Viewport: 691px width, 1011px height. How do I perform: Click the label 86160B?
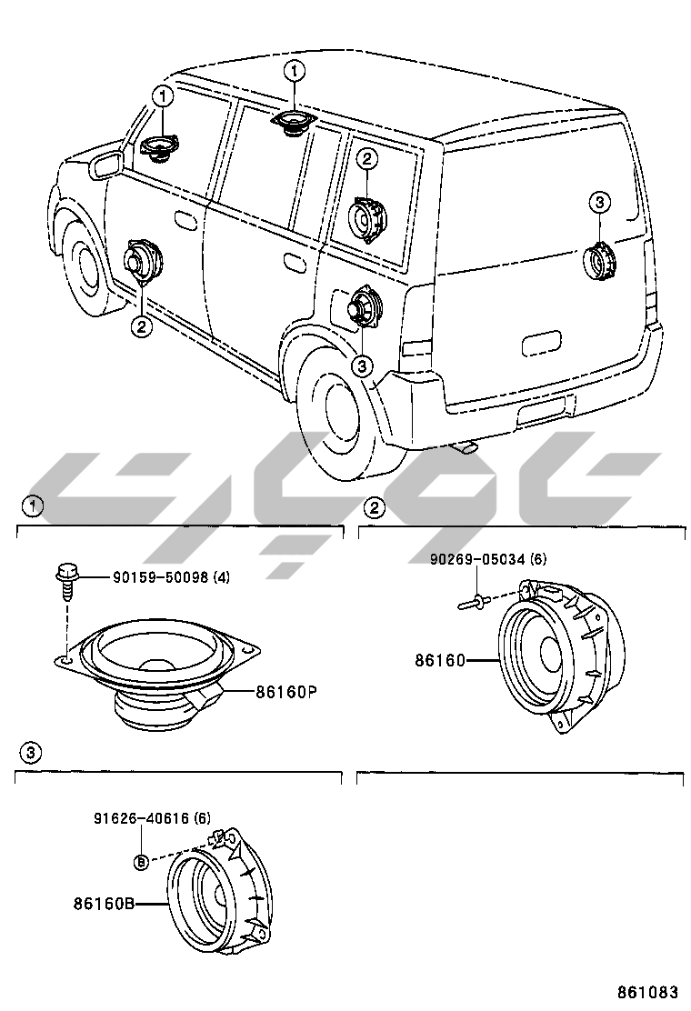tap(104, 905)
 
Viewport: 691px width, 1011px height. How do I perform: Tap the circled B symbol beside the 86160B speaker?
tap(142, 861)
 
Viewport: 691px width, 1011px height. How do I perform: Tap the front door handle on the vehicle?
tap(185, 220)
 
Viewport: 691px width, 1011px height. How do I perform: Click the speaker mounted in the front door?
tap(143, 263)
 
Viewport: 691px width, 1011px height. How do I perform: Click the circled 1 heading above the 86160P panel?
tap(32, 505)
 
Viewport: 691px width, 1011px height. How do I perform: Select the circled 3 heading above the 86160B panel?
tap(30, 752)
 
